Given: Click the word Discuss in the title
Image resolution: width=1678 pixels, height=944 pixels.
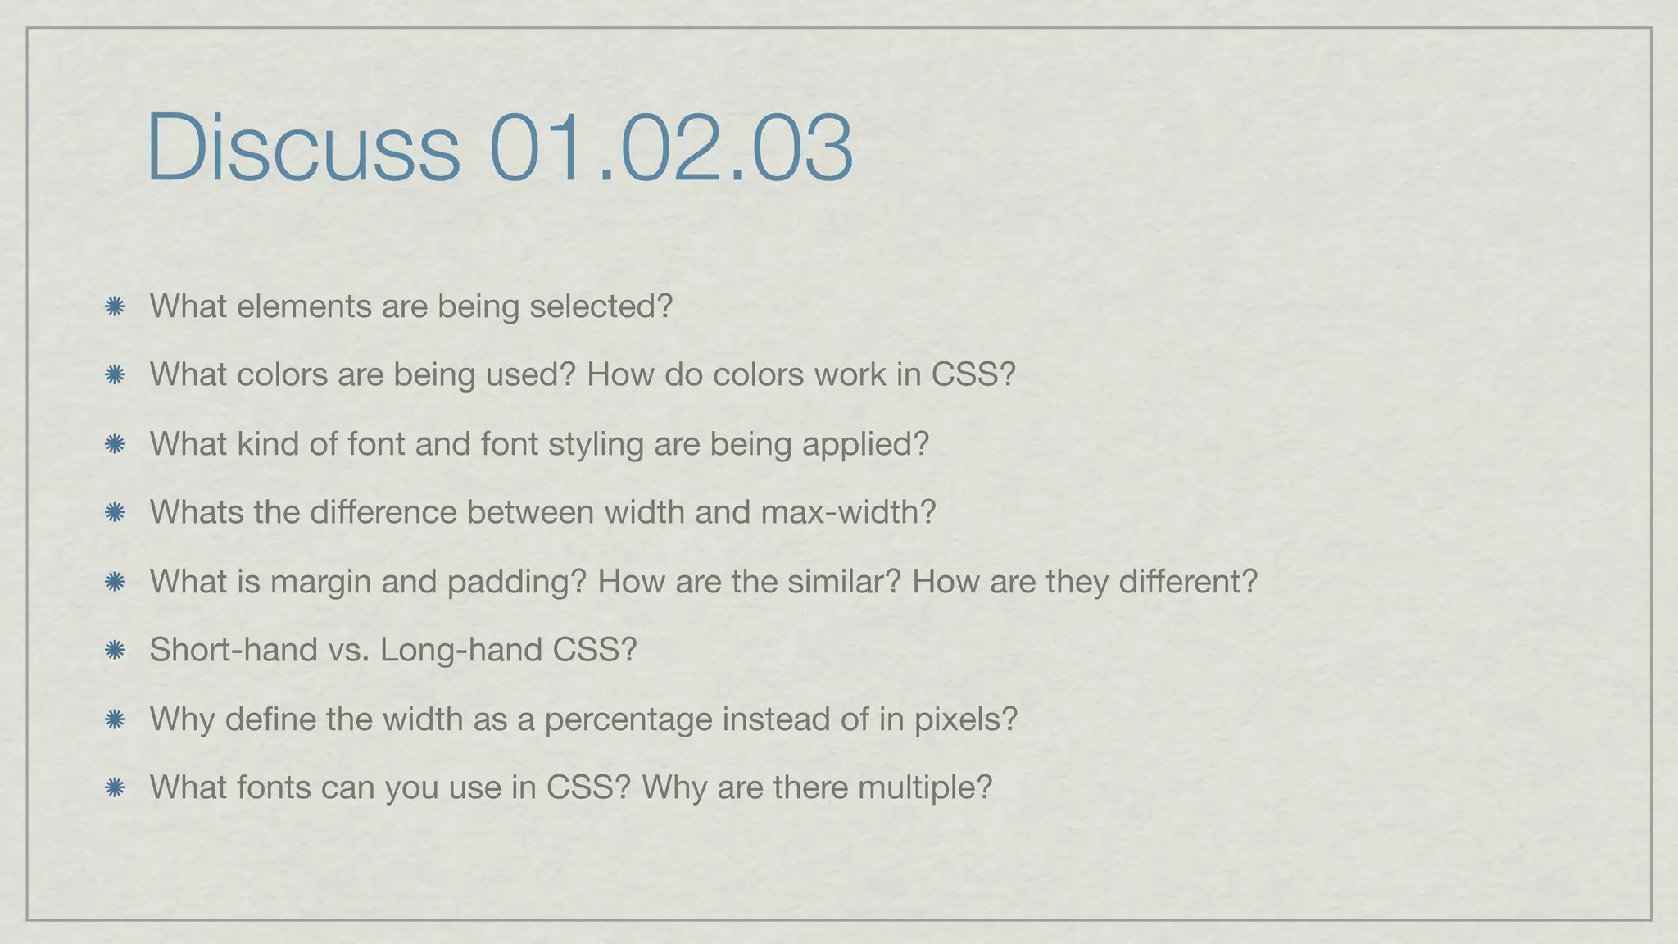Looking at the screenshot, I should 303,147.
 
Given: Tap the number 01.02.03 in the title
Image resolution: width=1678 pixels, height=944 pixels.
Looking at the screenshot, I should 671,147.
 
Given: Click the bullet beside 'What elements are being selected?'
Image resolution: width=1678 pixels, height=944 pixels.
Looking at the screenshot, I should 115,307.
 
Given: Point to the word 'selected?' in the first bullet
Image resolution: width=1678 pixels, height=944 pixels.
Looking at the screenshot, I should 601,306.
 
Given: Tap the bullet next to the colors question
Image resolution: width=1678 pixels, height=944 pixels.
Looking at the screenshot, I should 115,375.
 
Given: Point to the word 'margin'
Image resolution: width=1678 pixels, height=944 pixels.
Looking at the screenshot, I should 319,582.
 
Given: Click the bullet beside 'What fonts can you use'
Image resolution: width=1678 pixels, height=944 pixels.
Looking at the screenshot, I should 115,788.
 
